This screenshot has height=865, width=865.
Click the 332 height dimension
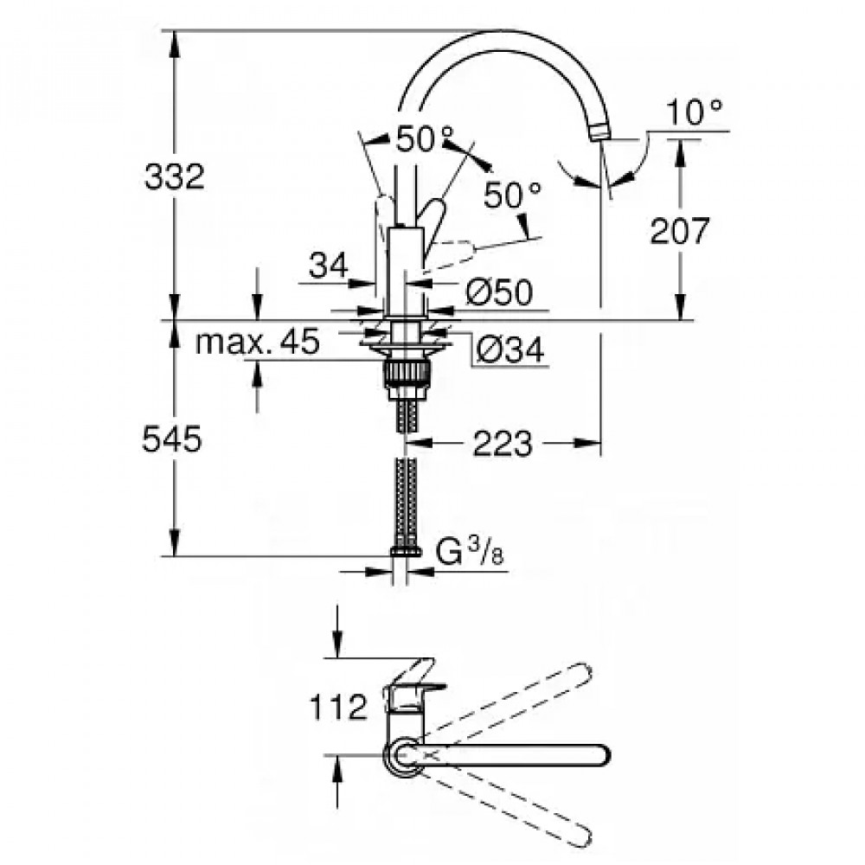pyautogui.click(x=176, y=177)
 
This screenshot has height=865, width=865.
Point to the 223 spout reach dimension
pyautogui.click(x=503, y=445)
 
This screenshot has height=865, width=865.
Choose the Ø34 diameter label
pyautogui.click(x=510, y=349)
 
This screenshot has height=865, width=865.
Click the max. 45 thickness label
pyautogui.click(x=257, y=343)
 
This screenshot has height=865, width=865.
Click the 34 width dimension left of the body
pyautogui.click(x=329, y=265)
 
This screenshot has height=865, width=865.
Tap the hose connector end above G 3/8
pyautogui.click(x=404, y=550)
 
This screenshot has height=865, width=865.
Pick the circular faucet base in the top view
pyautogui.click(x=402, y=755)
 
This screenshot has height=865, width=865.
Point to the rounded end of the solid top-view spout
pyautogui.click(x=599, y=755)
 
